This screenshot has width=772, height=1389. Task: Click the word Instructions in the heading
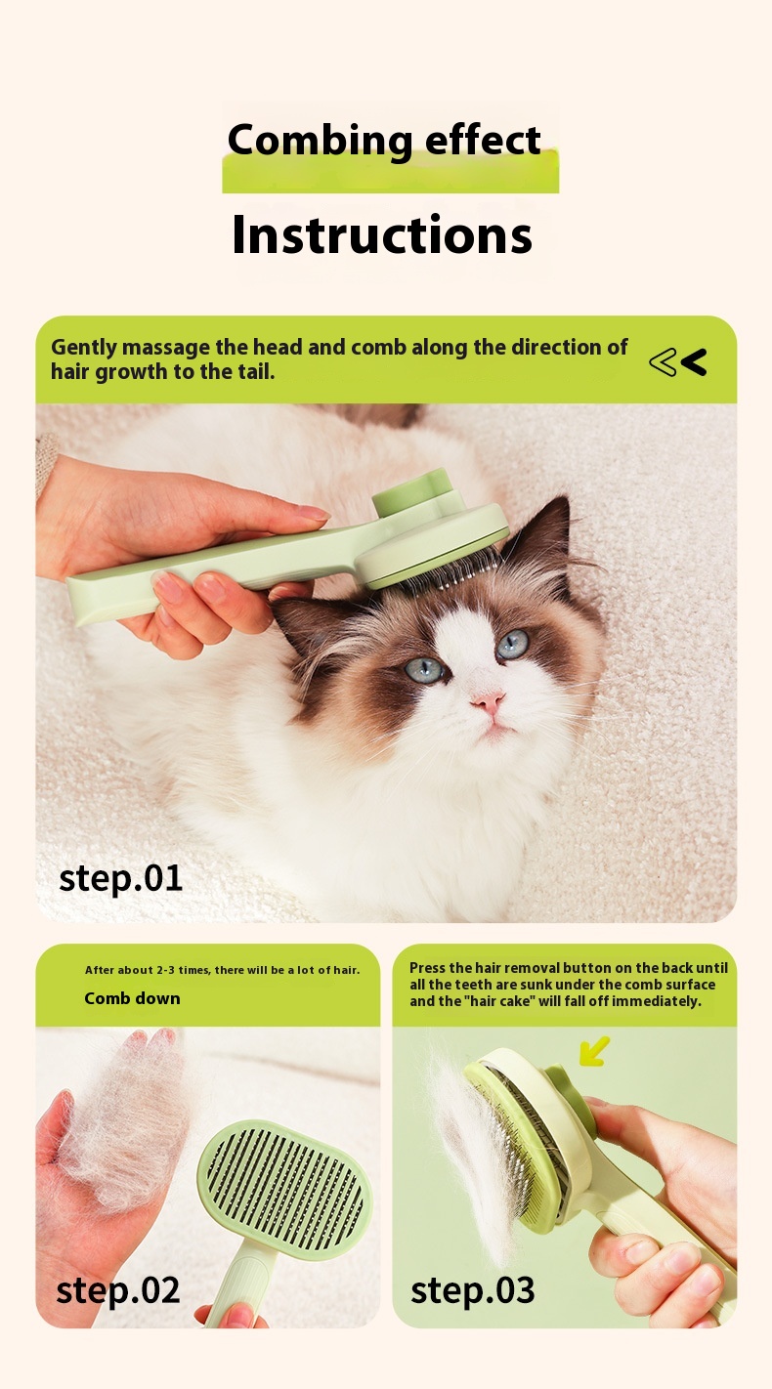point(382,234)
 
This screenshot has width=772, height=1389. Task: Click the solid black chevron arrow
point(694,362)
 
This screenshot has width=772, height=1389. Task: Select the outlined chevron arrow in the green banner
point(663,362)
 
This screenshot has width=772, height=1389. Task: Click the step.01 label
point(121,879)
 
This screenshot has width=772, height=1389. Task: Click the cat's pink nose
point(488,702)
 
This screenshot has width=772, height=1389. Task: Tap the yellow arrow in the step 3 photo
point(593,1051)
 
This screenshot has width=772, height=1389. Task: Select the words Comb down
point(132,998)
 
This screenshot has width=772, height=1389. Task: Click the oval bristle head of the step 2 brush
point(284,1190)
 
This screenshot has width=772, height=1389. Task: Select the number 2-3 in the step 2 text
point(166,970)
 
